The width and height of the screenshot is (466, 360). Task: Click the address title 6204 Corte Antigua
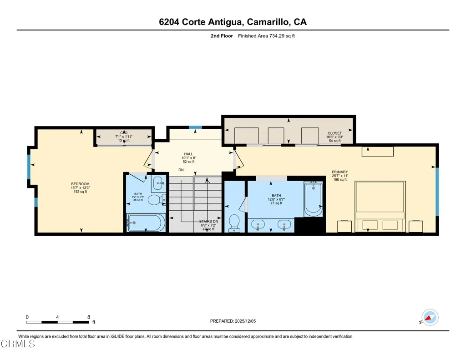pyautogui.click(x=233, y=22)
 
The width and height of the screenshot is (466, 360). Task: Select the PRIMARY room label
pyautogui.click(x=340, y=172)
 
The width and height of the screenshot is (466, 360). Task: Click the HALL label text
pyautogui.click(x=188, y=154)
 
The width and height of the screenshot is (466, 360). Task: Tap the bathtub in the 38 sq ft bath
pyautogui.click(x=146, y=223)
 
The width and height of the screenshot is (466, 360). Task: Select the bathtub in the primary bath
pyautogui.click(x=313, y=198)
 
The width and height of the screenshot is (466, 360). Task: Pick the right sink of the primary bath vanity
pyautogui.click(x=284, y=225)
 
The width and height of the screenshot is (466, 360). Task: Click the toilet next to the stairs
pyautogui.click(x=234, y=223)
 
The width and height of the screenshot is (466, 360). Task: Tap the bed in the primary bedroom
pyautogui.click(x=380, y=207)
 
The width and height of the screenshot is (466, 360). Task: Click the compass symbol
pyautogui.click(x=430, y=317)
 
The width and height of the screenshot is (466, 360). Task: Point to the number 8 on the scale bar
pyautogui.click(x=89, y=317)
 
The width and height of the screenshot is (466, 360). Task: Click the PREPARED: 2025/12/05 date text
pyautogui.click(x=233, y=321)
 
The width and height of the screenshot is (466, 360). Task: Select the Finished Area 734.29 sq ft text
pyautogui.click(x=266, y=36)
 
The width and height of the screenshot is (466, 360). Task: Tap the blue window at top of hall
pyautogui.click(x=195, y=127)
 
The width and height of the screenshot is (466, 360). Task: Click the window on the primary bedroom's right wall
pyautogui.click(x=437, y=191)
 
